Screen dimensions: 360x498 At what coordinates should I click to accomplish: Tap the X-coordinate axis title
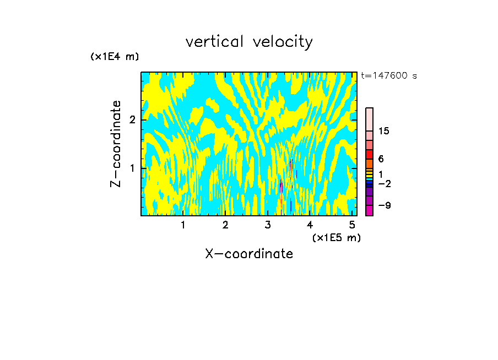pos(249,254)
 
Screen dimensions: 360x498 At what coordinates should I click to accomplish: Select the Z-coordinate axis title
pos(116,144)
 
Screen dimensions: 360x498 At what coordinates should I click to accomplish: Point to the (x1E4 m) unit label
pos(115,57)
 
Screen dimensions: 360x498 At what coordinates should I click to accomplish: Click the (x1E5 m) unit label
pos(336,237)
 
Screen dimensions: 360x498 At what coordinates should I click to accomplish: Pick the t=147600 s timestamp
pos(389,76)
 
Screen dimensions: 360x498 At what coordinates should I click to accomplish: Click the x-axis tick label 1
pos(183,225)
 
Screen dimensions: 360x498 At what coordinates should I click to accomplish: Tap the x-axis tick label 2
pos(225,225)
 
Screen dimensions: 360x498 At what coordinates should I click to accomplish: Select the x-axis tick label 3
pos(268,225)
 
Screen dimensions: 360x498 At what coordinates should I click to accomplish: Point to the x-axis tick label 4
pos(310,225)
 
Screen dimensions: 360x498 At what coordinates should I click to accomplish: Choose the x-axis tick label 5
pos(352,225)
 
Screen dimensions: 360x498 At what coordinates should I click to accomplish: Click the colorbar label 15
pos(384,131)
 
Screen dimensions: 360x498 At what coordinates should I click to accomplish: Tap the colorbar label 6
pos(381,159)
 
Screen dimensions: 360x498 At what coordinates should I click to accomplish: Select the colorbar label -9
pos(384,205)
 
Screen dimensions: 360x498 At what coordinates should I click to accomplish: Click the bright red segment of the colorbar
pos(369,154)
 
